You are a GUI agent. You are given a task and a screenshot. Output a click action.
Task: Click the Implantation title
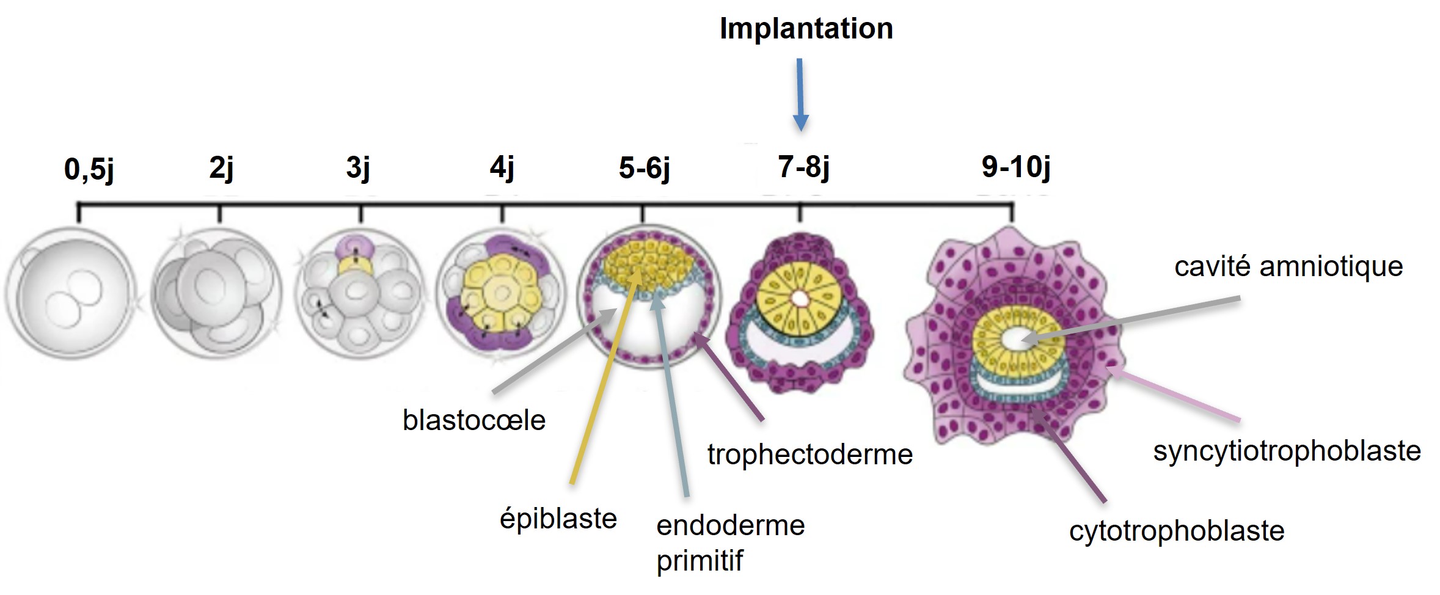[x=806, y=29]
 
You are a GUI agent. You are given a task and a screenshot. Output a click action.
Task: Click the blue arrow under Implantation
[x=800, y=95]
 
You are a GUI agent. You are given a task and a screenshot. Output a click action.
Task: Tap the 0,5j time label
[x=89, y=169]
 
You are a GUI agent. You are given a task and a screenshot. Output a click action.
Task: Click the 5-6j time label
[x=644, y=168]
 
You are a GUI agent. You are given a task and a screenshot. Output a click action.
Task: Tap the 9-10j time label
[x=1016, y=167]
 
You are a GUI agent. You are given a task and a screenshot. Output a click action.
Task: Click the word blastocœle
[x=474, y=420]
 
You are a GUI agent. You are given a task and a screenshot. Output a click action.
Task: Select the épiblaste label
[x=558, y=519]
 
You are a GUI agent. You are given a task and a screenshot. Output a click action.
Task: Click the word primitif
[x=700, y=561]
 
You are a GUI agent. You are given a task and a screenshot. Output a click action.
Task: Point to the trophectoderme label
[x=810, y=454]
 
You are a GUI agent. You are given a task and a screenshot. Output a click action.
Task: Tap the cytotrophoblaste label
[x=1177, y=531]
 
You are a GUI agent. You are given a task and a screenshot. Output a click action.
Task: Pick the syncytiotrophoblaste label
[x=1287, y=451]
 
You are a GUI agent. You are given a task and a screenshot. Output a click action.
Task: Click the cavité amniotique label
[x=1288, y=267]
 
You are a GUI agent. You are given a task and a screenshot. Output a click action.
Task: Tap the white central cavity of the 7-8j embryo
[x=800, y=298]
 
